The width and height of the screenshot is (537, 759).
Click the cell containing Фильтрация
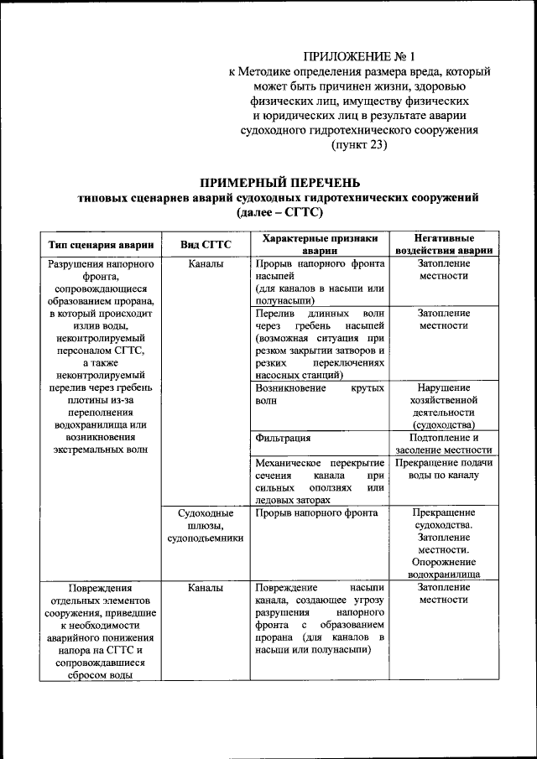[283, 438]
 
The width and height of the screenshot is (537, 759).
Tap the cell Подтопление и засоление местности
[443, 444]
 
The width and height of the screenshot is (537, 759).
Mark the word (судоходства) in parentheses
[443, 424]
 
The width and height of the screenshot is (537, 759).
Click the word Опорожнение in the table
[443, 563]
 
